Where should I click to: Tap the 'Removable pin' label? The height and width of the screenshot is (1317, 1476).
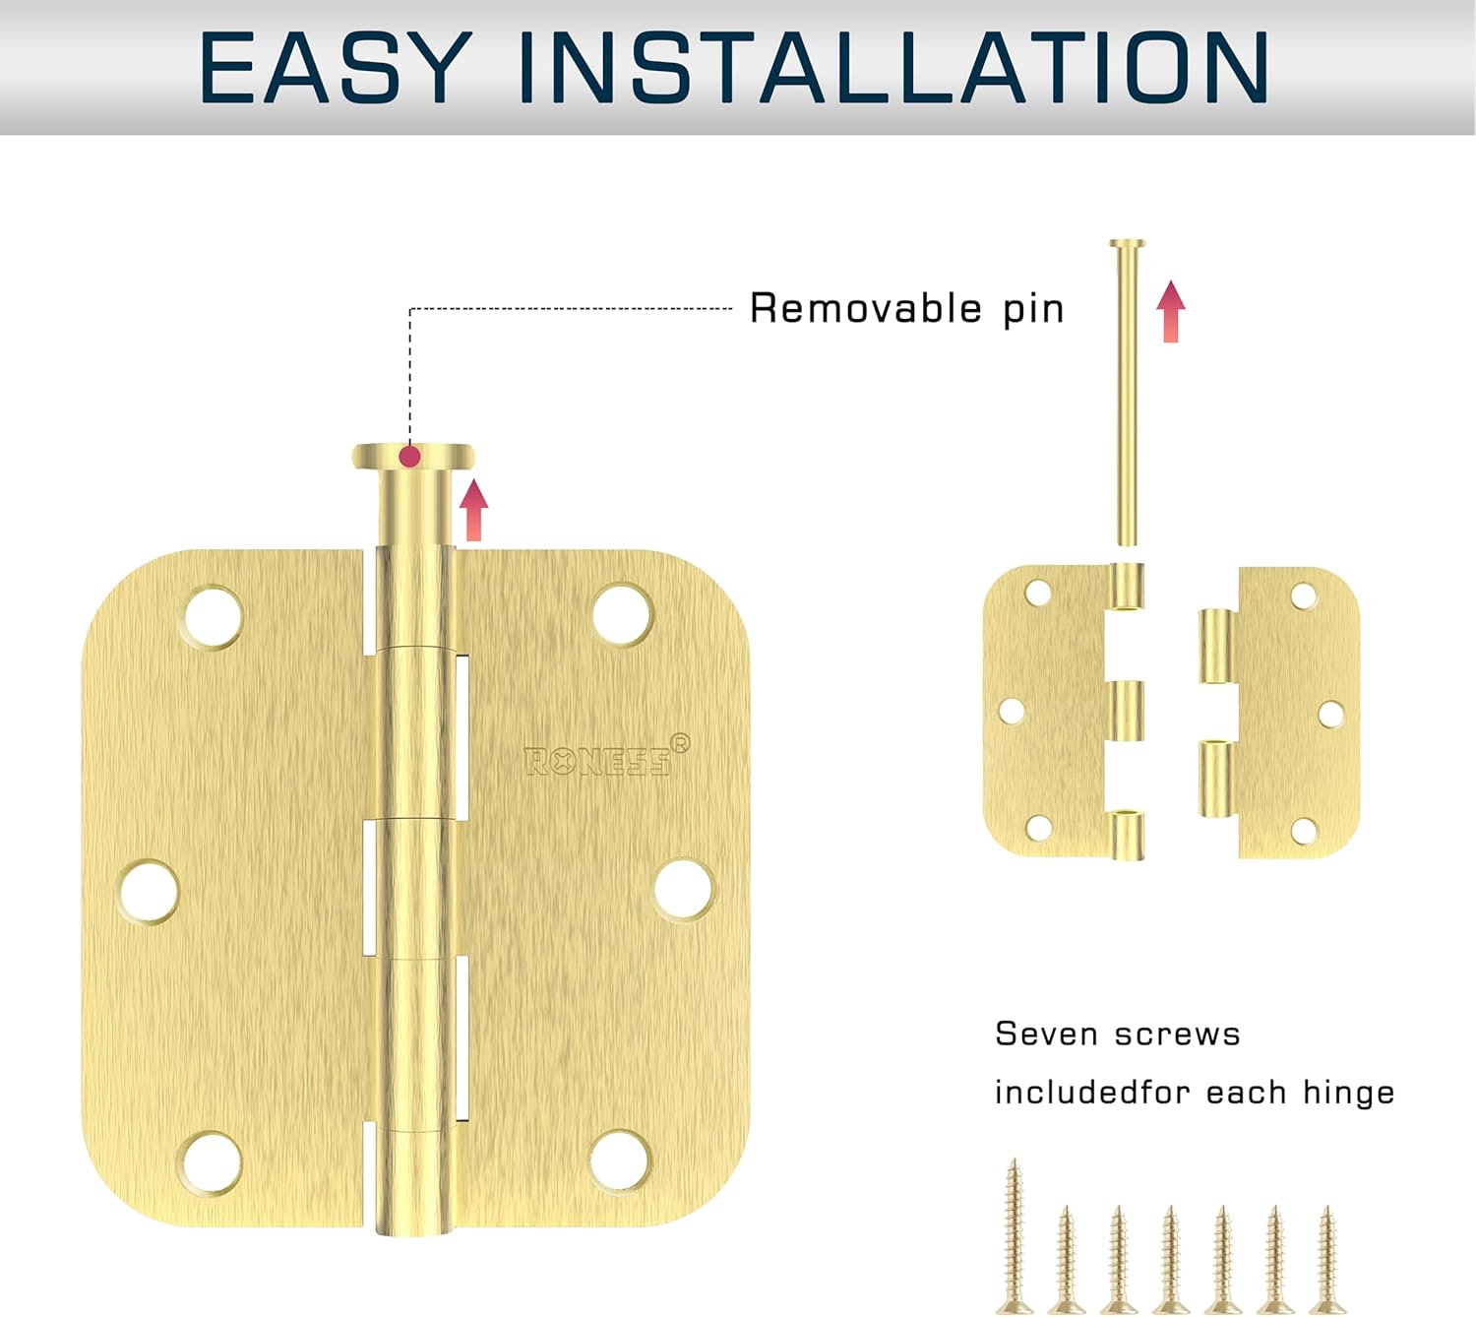click(x=906, y=308)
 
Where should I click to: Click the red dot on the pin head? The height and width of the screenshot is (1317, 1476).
click(x=410, y=457)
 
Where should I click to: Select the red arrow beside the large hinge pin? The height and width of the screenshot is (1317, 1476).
click(x=473, y=509)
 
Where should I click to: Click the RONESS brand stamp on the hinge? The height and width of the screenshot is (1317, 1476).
click(x=598, y=761)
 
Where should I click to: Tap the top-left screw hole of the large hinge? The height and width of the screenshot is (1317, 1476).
click(x=213, y=617)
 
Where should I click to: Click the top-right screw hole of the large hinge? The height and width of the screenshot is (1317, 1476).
click(x=623, y=614)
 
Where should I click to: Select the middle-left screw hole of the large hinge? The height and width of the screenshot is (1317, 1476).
click(x=149, y=892)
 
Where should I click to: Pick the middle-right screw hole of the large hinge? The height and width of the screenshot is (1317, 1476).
click(x=684, y=890)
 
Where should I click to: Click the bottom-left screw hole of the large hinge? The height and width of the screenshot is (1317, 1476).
click(x=213, y=1161)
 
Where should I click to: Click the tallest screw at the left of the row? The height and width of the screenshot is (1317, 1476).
click(x=1014, y=1235)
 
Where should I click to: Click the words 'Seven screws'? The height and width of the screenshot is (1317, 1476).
click(x=1117, y=1034)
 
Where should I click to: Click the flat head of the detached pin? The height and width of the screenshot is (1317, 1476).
click(x=1127, y=243)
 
